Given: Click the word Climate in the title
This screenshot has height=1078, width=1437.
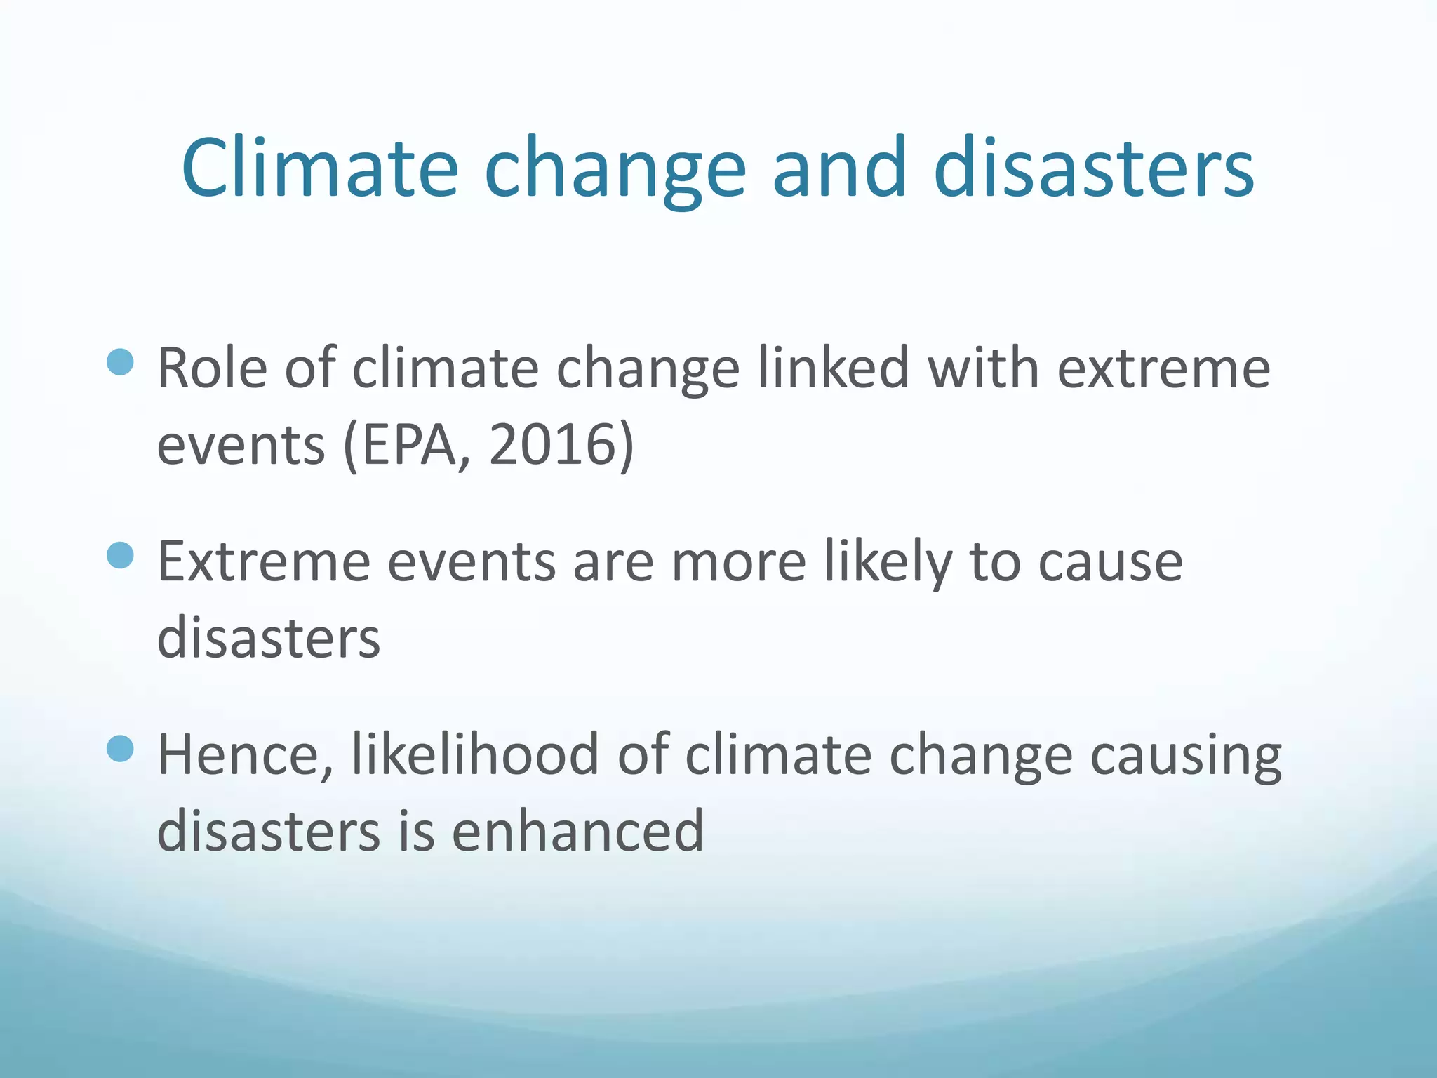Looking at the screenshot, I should click(x=319, y=168).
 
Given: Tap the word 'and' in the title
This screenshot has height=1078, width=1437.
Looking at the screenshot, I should click(x=839, y=168).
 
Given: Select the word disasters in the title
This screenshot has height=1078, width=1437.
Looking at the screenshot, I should click(x=1093, y=168).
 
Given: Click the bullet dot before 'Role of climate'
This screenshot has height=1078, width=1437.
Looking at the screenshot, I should click(x=121, y=362).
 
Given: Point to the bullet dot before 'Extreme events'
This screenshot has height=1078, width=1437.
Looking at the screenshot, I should click(x=121, y=555).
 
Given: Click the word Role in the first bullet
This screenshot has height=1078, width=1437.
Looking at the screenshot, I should click(x=212, y=368).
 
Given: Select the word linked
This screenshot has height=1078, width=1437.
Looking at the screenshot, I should click(x=834, y=368).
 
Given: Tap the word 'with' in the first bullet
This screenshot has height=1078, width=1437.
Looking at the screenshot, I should click(x=983, y=368).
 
